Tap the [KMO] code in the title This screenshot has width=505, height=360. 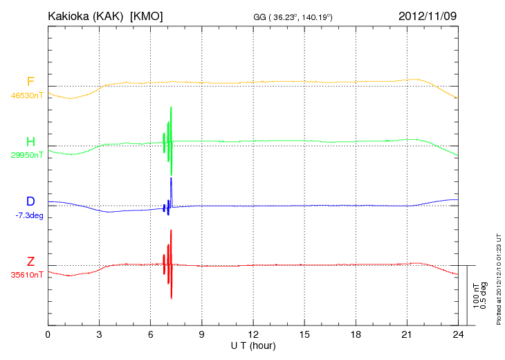click(x=147, y=16)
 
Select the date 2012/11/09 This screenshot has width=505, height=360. click(x=428, y=15)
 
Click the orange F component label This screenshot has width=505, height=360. click(x=30, y=82)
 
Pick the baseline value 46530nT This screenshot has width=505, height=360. click(x=27, y=95)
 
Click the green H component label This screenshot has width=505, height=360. click(x=30, y=142)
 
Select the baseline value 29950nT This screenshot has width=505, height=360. click(x=27, y=155)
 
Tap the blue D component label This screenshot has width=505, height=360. click(x=30, y=201)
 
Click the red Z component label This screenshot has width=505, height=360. click(x=30, y=261)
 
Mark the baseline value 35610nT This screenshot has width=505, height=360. click(x=27, y=275)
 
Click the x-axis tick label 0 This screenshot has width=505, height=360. click(x=48, y=334)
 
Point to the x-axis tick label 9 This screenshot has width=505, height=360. click(x=201, y=334)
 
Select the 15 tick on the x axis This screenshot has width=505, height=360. click(x=304, y=334)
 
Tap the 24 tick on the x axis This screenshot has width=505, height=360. click(x=457, y=334)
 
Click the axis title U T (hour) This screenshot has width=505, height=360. click(x=253, y=345)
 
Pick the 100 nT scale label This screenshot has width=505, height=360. click(x=477, y=295)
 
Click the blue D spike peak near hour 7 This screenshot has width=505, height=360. click(x=171, y=179)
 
